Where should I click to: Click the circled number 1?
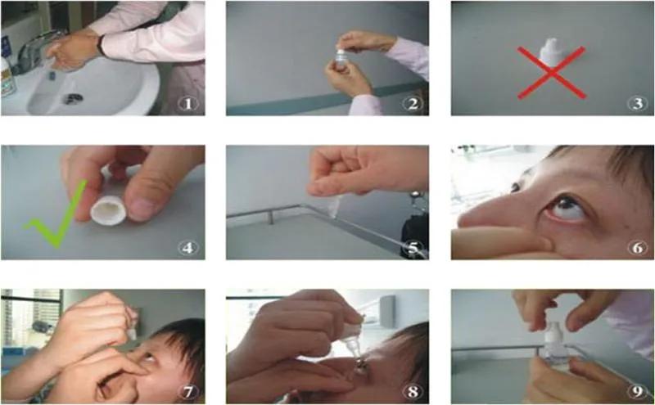coord(187,104)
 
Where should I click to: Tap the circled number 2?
coord(413,104)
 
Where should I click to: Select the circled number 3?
coord(638,104)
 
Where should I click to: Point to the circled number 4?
coord(187,248)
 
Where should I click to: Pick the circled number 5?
coord(413,248)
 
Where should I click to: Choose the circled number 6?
coord(638,248)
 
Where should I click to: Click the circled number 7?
coord(187,392)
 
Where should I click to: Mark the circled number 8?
coord(413,392)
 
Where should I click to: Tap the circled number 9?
coord(638,392)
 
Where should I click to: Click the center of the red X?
coord(552,73)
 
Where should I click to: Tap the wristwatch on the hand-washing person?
coord(101,46)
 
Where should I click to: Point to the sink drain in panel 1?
coord(73,98)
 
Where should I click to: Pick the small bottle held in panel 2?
coord(341,59)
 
